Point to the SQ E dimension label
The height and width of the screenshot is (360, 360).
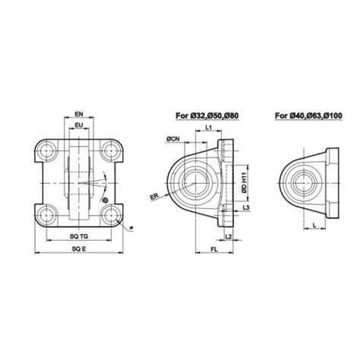78,248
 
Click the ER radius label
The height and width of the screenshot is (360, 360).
154,196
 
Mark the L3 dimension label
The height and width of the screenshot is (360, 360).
248,207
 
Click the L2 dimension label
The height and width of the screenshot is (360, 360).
229,238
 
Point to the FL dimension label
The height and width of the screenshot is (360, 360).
216,248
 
